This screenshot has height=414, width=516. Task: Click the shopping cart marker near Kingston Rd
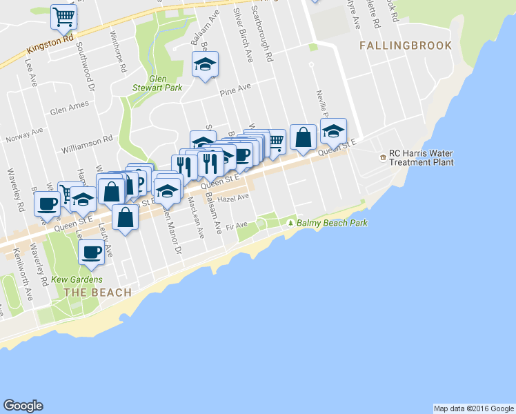63,17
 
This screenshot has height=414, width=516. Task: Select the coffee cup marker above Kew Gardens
92,253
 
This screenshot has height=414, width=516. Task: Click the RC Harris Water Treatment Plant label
421,158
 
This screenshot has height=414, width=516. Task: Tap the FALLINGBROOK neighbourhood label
406,46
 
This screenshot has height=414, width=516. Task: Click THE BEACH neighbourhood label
97,293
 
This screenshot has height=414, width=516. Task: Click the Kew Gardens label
77,279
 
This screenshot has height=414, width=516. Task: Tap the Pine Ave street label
234,88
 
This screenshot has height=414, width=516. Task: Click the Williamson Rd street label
86,140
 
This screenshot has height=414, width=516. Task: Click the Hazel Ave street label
232,198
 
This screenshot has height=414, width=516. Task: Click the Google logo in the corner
23,406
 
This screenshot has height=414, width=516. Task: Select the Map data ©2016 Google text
474,408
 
